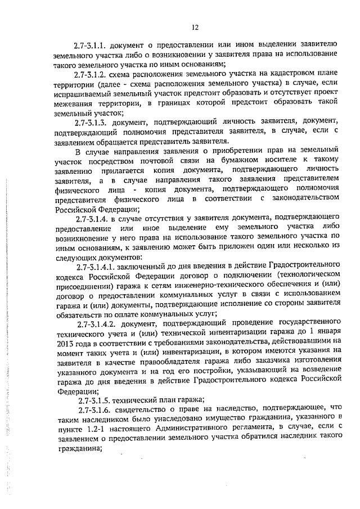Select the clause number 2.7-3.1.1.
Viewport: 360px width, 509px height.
(92, 44)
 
